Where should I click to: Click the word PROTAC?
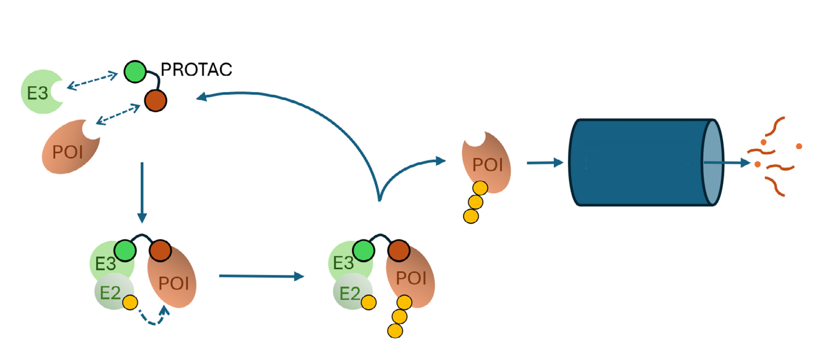[x=196, y=69]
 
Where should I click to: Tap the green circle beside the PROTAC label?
[x=135, y=72]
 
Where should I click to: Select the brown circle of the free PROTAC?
[x=156, y=100]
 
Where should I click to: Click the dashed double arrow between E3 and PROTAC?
[x=93, y=81]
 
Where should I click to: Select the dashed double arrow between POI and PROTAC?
[x=118, y=114]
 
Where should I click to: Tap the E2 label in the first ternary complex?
[x=110, y=293]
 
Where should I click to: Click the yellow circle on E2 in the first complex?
[x=130, y=302]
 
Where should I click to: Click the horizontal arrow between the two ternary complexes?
[x=261, y=276]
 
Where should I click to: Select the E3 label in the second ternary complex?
[x=343, y=263]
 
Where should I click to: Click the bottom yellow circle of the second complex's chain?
[x=395, y=330]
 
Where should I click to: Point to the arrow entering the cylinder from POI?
[x=545, y=163]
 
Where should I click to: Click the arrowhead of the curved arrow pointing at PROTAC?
[x=202, y=97]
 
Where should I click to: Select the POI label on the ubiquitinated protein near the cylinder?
[x=487, y=165]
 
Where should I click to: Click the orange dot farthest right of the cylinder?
[x=799, y=146]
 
